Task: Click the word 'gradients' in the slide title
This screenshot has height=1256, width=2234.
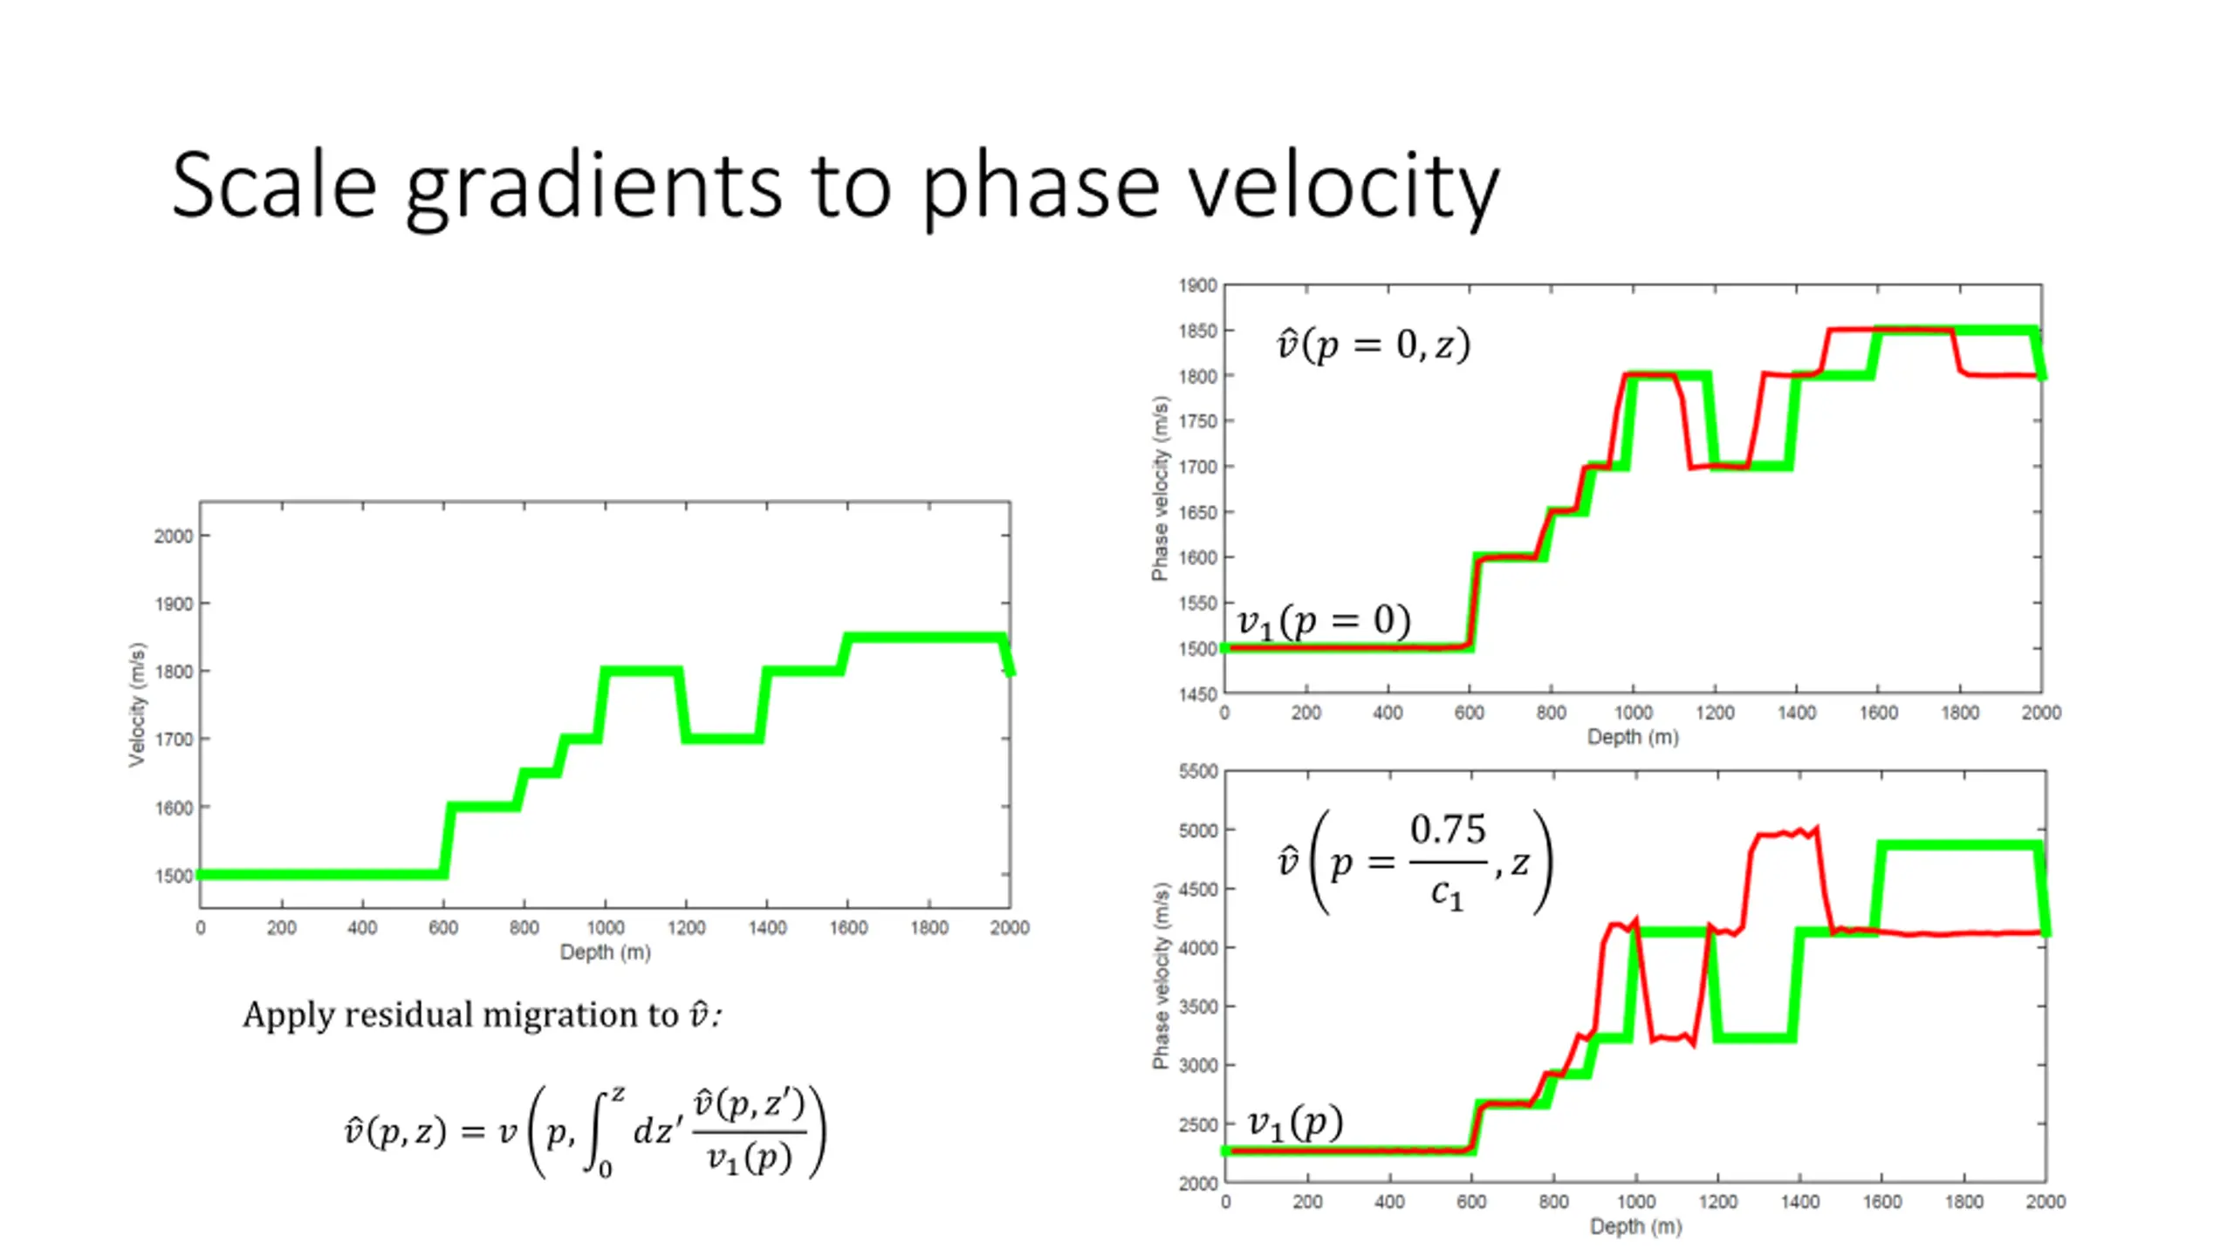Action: tap(593, 186)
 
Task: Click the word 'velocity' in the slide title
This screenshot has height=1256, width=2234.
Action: tap(1344, 186)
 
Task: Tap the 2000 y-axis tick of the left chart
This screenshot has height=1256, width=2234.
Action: tap(174, 536)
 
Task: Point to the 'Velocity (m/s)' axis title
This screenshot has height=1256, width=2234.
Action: tap(137, 705)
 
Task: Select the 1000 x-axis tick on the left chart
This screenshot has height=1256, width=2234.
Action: tap(605, 927)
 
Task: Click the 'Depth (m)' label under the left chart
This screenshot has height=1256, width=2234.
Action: tap(605, 952)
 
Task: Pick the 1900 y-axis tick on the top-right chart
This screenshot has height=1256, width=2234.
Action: tap(1197, 285)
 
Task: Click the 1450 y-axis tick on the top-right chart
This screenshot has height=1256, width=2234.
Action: tap(1197, 694)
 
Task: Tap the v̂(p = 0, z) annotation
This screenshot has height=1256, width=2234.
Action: tap(1373, 345)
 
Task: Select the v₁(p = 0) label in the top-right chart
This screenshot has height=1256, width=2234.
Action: tap(1323, 621)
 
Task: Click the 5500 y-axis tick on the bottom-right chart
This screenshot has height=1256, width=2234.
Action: tap(1197, 771)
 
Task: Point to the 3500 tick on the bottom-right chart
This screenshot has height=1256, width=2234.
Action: tap(1197, 1006)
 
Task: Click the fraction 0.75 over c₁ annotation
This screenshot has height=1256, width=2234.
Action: tap(1447, 861)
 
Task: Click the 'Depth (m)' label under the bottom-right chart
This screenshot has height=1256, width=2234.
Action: tap(1635, 1226)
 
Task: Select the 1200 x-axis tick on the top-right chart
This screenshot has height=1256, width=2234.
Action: tap(1715, 713)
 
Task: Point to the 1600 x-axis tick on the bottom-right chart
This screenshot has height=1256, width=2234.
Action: tap(1881, 1202)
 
